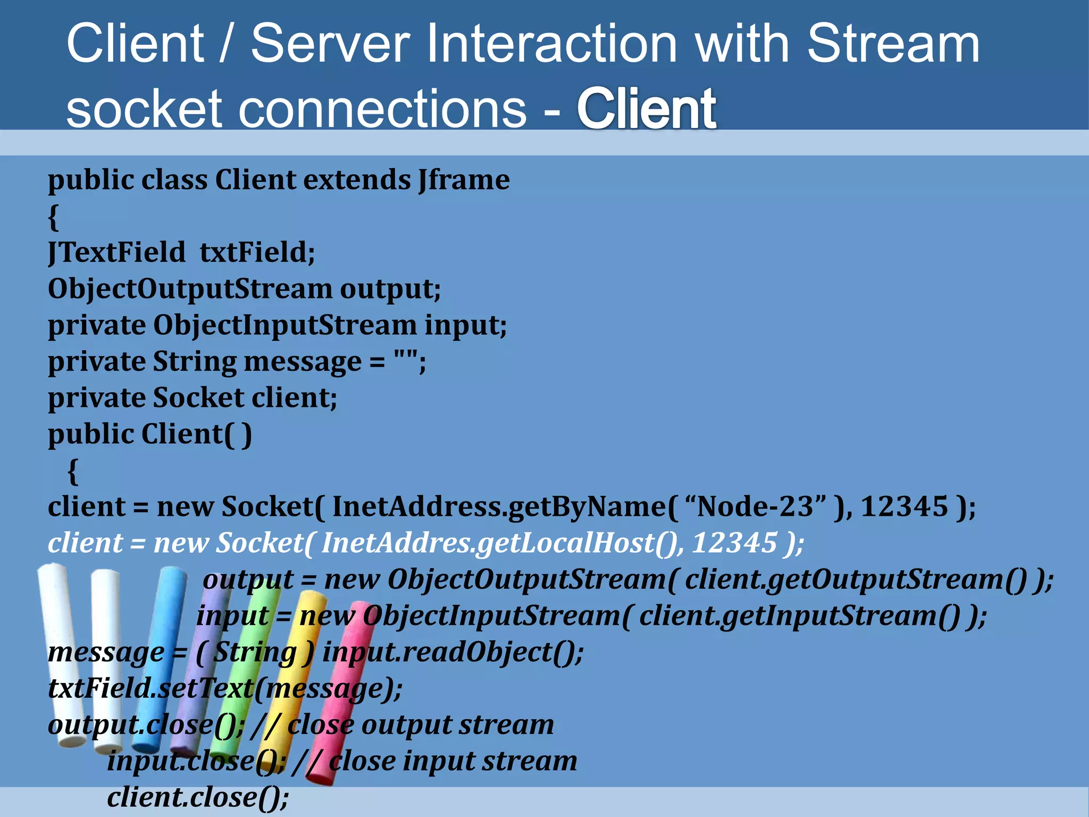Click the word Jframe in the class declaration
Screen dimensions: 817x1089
[464, 179]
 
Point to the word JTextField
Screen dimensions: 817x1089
[116, 252]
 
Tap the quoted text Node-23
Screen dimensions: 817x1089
[755, 506]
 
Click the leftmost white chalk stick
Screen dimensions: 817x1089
[61, 654]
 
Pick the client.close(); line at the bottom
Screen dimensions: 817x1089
[198, 797]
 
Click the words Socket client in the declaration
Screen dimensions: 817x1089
[245, 398]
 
